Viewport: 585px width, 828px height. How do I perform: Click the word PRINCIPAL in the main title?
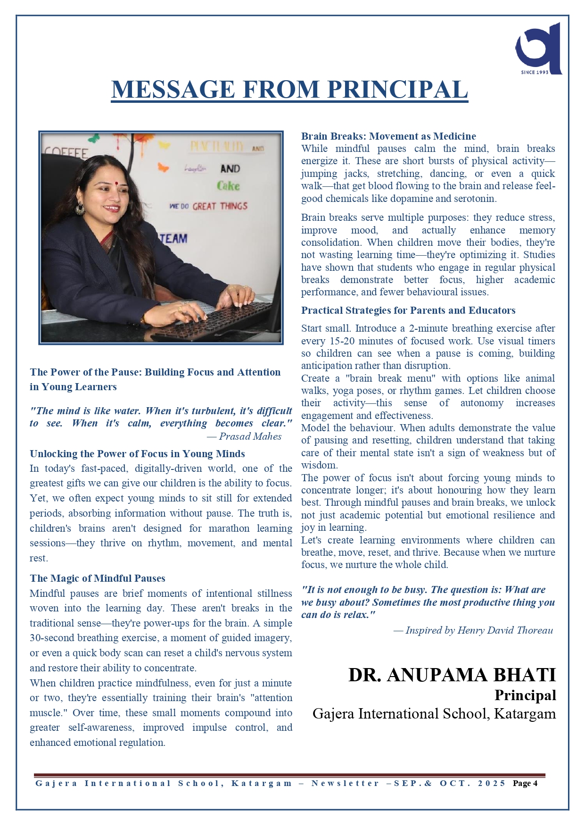click(397, 90)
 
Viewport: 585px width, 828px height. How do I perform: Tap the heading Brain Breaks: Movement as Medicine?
click(388, 136)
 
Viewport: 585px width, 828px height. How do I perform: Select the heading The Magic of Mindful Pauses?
click(98, 578)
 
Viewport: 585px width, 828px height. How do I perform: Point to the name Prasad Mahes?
click(250, 436)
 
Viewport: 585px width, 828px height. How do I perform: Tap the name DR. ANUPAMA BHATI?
click(452, 675)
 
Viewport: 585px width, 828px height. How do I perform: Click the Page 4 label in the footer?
click(525, 784)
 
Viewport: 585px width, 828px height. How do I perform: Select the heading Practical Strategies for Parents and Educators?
click(408, 310)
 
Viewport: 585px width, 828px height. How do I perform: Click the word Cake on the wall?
click(228, 186)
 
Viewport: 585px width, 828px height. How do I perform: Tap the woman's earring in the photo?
click(80, 209)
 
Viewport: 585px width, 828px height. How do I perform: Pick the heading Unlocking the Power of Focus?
click(137, 454)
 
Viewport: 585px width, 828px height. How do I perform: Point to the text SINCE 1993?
click(535, 72)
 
